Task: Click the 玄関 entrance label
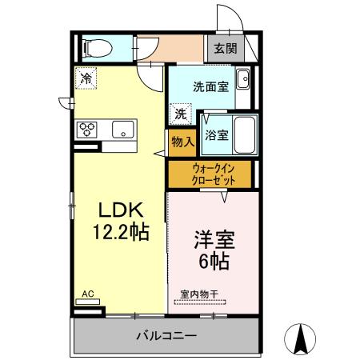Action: point(225,48)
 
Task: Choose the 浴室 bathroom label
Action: point(216,135)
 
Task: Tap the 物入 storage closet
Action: point(182,142)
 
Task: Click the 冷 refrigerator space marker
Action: point(86,78)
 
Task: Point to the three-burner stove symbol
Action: point(87,130)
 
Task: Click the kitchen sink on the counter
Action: point(124,130)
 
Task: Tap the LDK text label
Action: point(120,210)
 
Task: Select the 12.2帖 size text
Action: point(120,232)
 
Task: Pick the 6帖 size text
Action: point(214,261)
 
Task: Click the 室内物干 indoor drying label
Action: point(198,294)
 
